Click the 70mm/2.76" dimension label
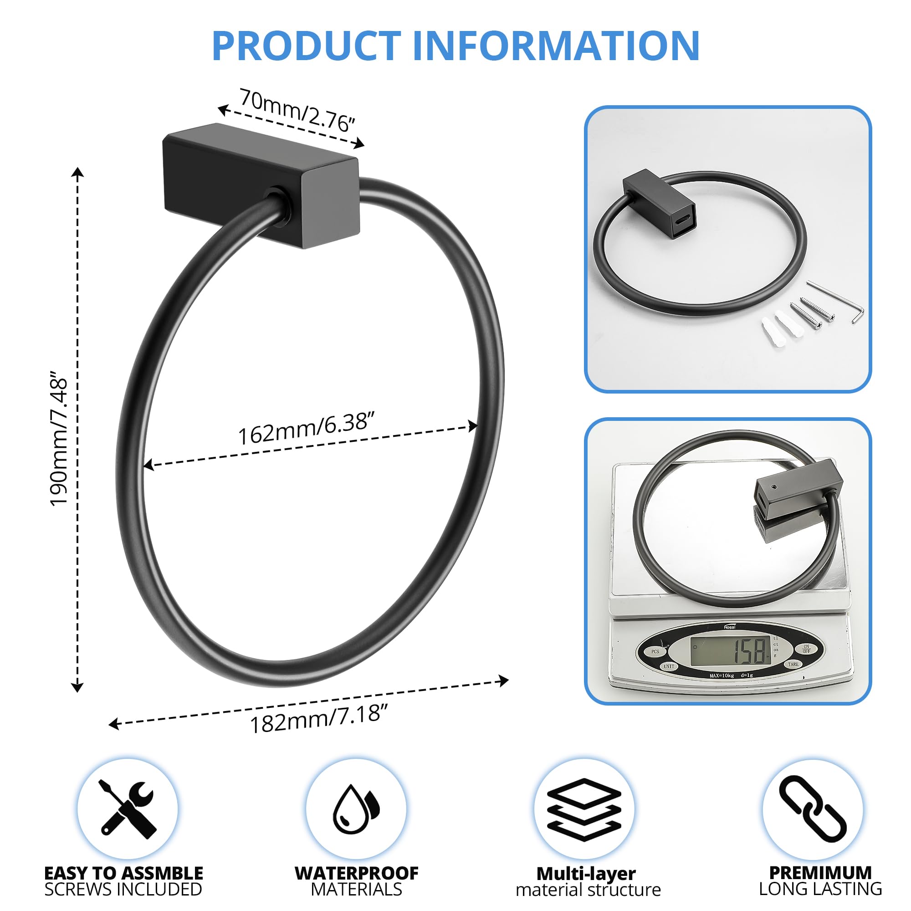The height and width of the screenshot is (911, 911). coord(297,110)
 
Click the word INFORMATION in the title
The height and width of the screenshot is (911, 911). coord(557,46)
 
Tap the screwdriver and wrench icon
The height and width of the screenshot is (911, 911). coord(128,809)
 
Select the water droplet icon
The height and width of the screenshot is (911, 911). coord(356,809)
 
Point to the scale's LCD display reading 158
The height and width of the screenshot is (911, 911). coord(731,651)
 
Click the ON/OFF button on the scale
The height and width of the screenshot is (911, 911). coord(806,649)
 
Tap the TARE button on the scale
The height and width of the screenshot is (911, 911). coord(793,664)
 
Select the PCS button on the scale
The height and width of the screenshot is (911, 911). coord(655,652)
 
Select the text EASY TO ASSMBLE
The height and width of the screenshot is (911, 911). coord(123,873)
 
